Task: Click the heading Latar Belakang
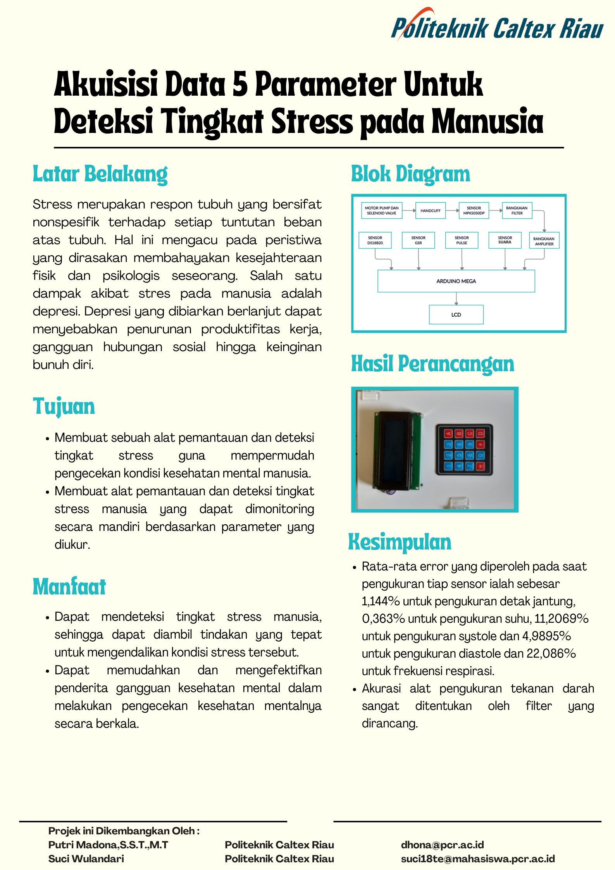(100, 174)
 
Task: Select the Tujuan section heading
(64, 407)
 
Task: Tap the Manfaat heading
(69, 586)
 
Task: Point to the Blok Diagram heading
(410, 174)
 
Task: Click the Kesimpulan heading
(400, 542)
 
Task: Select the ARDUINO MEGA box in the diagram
(456, 281)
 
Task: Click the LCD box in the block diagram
(456, 315)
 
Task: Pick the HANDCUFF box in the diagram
(430, 211)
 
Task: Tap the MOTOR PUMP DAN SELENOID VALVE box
(382, 211)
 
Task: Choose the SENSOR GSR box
(418, 240)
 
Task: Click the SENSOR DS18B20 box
(375, 240)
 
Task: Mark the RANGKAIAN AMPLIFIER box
(544, 241)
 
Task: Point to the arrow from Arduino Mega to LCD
(457, 298)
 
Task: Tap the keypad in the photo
(464, 450)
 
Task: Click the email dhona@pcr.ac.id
(442, 845)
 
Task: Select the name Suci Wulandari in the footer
(86, 859)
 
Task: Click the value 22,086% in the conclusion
(551, 653)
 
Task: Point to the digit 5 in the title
(240, 84)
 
